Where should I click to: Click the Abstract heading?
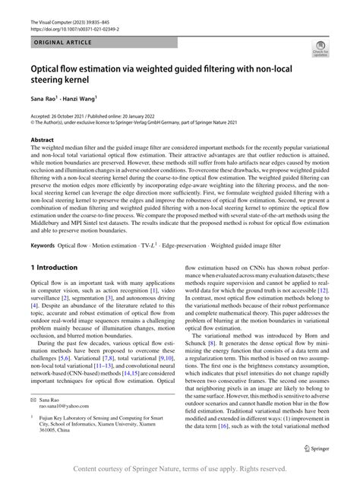pos(42,141)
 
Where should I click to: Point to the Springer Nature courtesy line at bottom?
pos(179,470)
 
